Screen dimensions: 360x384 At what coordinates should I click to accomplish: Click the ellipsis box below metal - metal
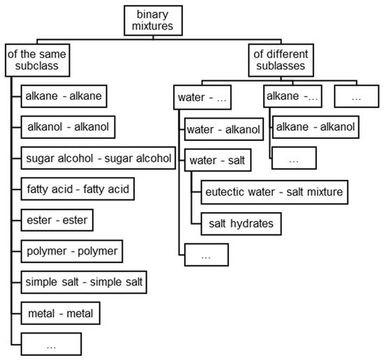(51, 344)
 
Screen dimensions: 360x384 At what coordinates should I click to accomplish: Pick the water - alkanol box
(223, 128)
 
